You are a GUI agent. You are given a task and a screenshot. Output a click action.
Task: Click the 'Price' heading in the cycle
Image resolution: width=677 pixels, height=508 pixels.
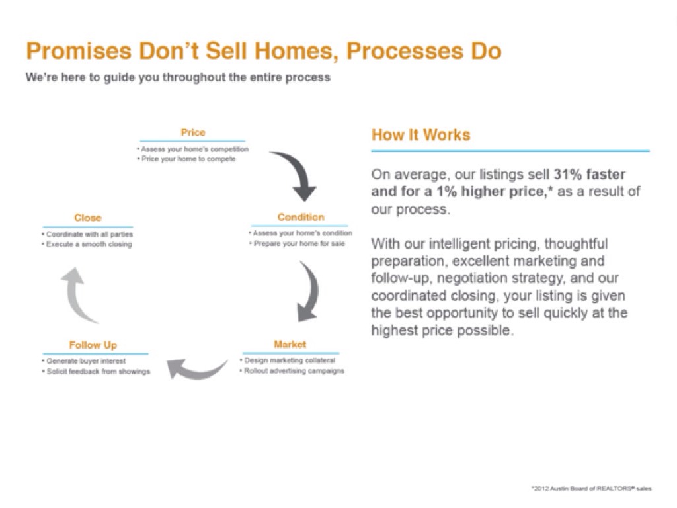click(x=193, y=132)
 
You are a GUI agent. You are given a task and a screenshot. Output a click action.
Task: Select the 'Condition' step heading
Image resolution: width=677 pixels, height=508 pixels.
click(x=301, y=217)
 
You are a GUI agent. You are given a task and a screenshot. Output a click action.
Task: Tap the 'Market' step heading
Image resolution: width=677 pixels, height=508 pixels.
click(x=290, y=344)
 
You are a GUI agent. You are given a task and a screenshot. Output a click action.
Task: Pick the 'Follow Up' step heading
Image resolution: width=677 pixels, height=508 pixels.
click(x=93, y=345)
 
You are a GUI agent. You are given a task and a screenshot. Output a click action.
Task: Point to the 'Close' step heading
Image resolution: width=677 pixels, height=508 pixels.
click(x=88, y=217)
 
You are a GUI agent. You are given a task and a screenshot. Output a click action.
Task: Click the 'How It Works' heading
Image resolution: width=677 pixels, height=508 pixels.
click(x=420, y=135)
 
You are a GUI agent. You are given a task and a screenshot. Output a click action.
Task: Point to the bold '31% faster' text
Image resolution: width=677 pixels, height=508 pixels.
click(x=589, y=174)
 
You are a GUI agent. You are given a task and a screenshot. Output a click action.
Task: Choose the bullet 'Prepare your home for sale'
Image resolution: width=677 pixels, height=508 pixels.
click(x=297, y=243)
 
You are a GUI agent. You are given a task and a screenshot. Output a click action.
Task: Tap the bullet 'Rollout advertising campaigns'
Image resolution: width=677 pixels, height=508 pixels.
click(x=292, y=371)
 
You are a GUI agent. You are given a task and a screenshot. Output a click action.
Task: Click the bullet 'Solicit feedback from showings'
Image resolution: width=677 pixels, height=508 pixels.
click(x=96, y=372)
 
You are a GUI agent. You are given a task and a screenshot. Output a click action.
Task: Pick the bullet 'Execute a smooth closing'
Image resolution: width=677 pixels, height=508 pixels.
click(x=87, y=245)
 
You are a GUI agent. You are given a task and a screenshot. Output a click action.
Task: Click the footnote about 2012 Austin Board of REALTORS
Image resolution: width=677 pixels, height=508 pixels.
click(x=592, y=489)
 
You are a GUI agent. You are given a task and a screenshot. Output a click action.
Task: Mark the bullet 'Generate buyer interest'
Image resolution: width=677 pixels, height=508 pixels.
click(x=84, y=361)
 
